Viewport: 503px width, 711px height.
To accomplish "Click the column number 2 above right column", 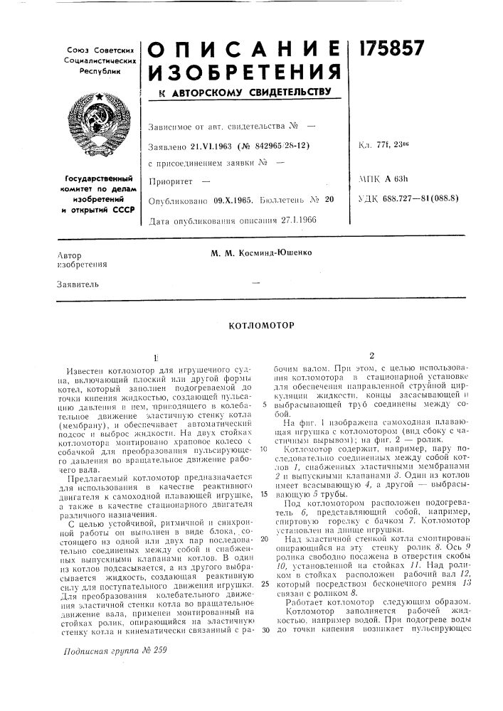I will coord(371,355).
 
